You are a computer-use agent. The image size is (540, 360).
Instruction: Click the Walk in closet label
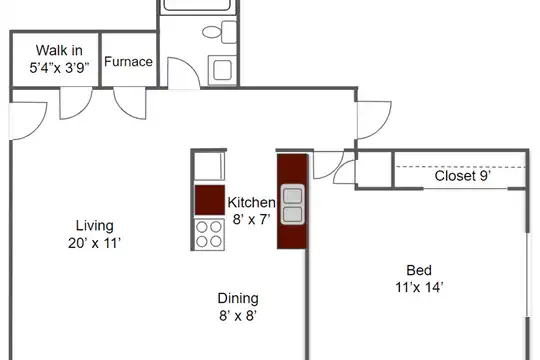click(59, 51)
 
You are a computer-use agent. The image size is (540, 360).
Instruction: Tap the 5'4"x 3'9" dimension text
click(59, 68)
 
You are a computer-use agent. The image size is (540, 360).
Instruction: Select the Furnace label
click(128, 62)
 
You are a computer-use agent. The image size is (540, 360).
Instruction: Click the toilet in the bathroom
click(220, 32)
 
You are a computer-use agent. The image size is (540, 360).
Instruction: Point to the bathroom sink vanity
click(222, 70)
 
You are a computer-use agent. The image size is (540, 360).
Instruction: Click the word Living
click(95, 226)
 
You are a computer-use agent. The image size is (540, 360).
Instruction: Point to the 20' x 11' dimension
click(94, 243)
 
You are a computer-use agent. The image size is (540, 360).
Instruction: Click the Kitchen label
click(251, 203)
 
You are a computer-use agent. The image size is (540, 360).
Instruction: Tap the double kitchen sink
click(293, 205)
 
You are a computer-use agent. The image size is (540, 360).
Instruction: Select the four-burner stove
click(209, 234)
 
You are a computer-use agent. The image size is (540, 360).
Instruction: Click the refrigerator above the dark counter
click(209, 166)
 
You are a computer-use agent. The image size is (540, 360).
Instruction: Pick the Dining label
click(238, 298)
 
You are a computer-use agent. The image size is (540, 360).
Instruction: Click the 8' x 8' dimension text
click(238, 316)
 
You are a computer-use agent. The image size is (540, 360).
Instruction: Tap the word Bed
click(419, 270)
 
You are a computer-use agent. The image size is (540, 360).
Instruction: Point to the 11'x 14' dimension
click(419, 287)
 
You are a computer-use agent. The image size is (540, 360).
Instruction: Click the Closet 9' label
click(463, 176)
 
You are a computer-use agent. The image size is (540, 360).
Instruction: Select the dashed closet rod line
click(460, 167)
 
